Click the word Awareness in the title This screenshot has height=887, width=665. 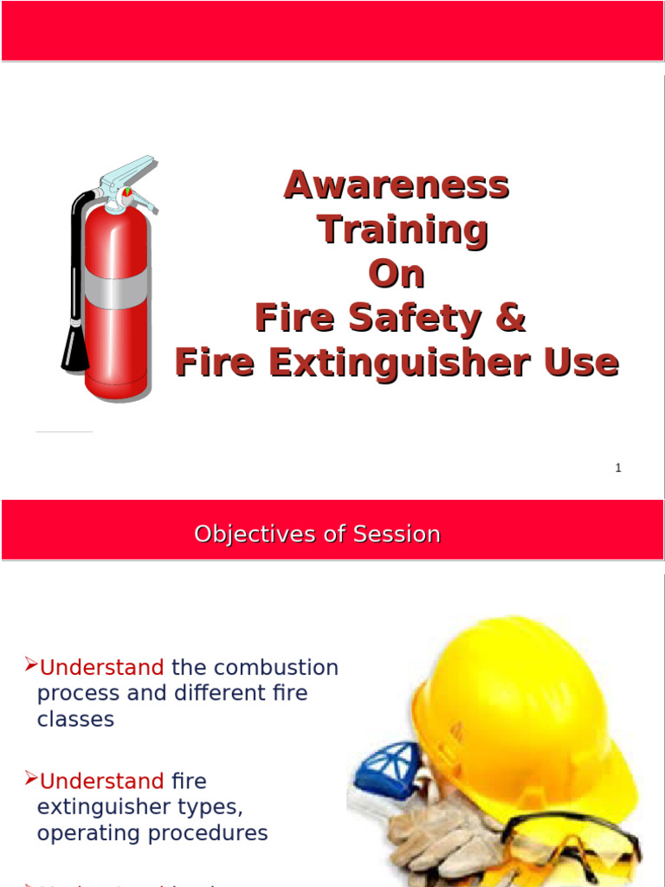pyautogui.click(x=397, y=185)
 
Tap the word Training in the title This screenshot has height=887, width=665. pyautogui.click(x=403, y=230)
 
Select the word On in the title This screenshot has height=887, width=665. pyautogui.click(x=397, y=275)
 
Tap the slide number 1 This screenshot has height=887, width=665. pyautogui.click(x=618, y=468)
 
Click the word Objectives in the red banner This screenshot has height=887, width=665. pyautogui.click(x=245, y=534)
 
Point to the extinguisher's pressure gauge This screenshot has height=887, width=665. pyautogui.click(x=128, y=191)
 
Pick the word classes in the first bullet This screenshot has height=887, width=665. pyautogui.click(x=75, y=719)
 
